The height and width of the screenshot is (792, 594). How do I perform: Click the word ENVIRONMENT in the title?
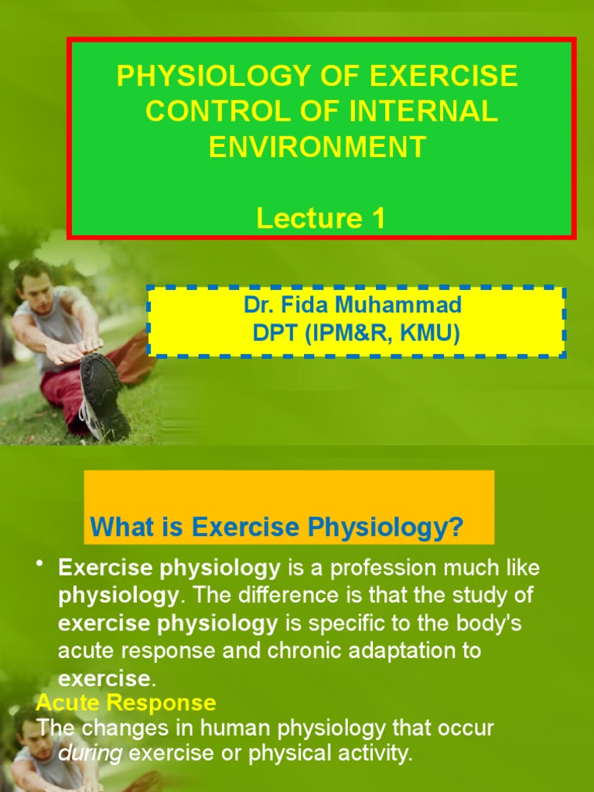coord(317,147)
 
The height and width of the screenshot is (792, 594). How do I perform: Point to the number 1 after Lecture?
coord(377,219)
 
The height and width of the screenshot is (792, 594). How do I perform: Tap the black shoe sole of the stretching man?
coord(104,394)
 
